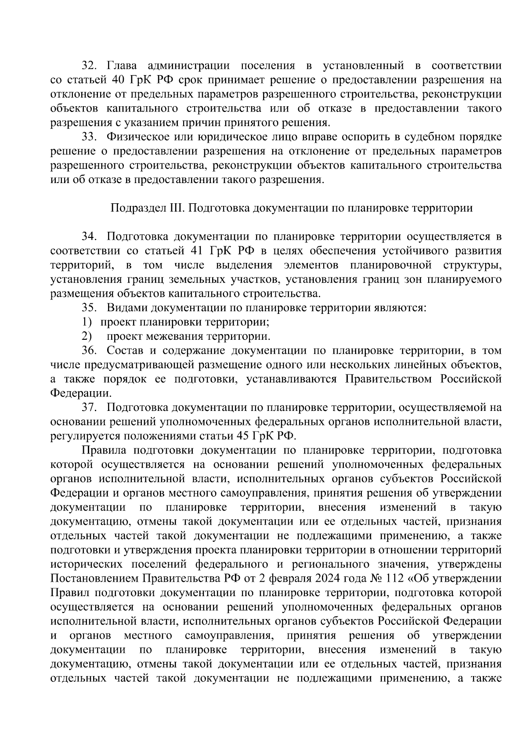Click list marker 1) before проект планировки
[86, 322]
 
